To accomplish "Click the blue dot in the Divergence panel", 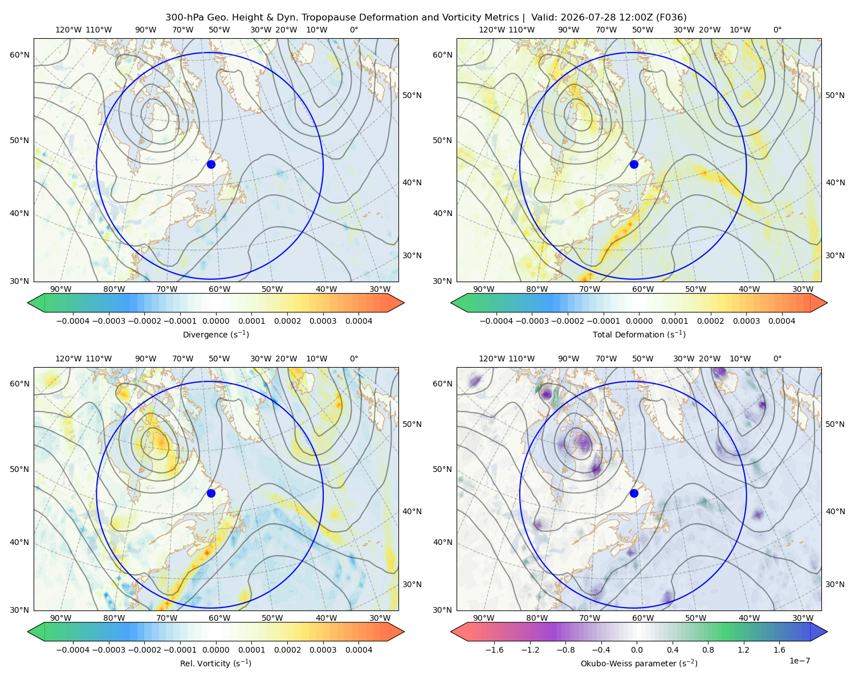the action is tap(211, 164).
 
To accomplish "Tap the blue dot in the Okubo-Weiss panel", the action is tap(634, 493).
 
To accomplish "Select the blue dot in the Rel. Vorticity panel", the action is tap(211, 493).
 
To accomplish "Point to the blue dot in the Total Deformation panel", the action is tap(634, 164).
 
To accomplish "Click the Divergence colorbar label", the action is tap(215, 335).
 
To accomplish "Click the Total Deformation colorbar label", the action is tap(639, 335).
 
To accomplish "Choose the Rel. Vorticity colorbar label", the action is tap(215, 663).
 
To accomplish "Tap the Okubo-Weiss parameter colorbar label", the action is tap(639, 663).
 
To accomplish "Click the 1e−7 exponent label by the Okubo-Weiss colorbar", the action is tap(799, 661).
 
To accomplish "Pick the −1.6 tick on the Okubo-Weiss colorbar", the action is tap(495, 650).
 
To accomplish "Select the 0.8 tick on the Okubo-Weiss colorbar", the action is tap(708, 650).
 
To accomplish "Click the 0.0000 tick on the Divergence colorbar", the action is tap(215, 321).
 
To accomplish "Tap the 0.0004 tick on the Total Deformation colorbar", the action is tap(782, 321).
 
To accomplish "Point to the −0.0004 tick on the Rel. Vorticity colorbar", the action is tap(73, 650).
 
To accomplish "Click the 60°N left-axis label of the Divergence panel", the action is tap(20, 55).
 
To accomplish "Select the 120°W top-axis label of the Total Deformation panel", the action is tap(492, 30).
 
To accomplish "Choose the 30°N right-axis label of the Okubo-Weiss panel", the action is tap(835, 584).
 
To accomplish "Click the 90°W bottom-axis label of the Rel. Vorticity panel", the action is tap(61, 618).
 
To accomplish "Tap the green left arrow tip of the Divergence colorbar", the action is tap(28, 303).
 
